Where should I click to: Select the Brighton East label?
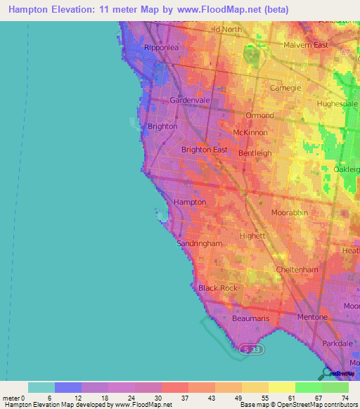(x=205, y=150)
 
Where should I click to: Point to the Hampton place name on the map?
(x=190, y=202)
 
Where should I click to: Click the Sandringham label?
(x=200, y=243)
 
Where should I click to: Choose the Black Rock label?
(x=217, y=288)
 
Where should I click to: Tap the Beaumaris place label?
(x=250, y=318)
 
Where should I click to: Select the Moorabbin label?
(x=290, y=212)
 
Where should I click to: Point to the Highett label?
(x=251, y=236)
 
